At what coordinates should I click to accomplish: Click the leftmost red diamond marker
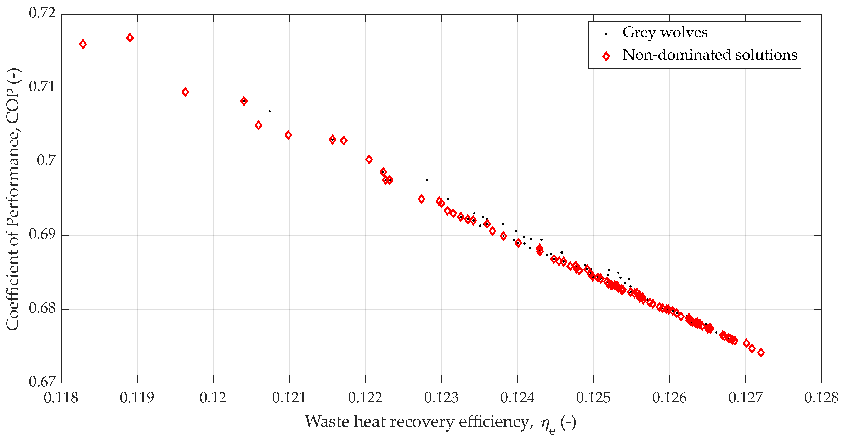83,44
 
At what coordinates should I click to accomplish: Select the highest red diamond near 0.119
130,38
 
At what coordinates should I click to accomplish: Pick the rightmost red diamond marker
761,353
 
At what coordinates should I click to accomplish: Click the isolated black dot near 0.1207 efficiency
269,111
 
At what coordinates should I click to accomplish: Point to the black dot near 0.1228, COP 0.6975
427,180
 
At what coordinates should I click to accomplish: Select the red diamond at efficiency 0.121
288,135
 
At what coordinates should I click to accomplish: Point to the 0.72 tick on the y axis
43,13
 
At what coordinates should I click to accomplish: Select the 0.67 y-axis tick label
43,382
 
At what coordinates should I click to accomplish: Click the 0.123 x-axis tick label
441,398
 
